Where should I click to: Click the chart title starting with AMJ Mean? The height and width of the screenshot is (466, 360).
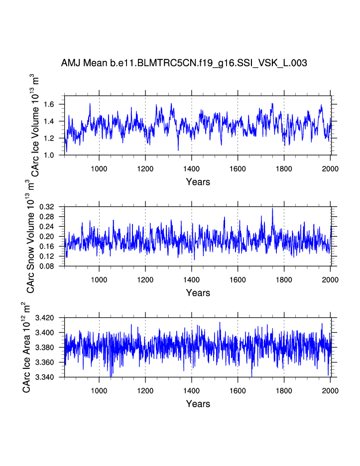pyautogui.click(x=184, y=63)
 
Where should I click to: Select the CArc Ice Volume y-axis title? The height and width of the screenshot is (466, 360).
pyautogui.click(x=35, y=125)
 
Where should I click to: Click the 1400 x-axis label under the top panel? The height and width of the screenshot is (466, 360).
pyautogui.click(x=192, y=168)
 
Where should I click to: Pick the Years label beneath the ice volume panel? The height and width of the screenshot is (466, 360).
pyautogui.click(x=198, y=182)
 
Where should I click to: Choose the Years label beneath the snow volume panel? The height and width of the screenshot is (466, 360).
pyautogui.click(x=198, y=293)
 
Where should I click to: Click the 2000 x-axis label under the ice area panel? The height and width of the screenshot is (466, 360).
pyautogui.click(x=330, y=390)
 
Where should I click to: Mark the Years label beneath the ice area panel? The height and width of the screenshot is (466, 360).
pyautogui.click(x=198, y=404)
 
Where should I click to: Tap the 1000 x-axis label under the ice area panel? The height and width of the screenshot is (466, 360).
pyautogui.click(x=99, y=390)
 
